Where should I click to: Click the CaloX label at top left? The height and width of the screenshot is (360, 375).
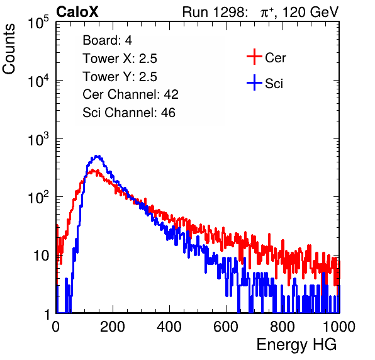click(x=77, y=12)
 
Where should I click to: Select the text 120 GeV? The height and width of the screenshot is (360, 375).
click(x=310, y=12)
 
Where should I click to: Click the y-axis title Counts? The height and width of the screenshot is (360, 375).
click(x=9, y=49)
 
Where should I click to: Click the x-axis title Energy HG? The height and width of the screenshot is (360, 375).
click(x=297, y=345)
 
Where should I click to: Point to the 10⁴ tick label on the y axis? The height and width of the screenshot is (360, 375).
click(x=38, y=81)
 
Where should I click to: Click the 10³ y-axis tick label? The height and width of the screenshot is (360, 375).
click(x=38, y=139)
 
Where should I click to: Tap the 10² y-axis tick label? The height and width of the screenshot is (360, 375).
click(x=38, y=197)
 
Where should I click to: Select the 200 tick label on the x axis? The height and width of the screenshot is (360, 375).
click(x=113, y=326)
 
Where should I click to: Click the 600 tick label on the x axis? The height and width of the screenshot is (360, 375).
click(x=226, y=326)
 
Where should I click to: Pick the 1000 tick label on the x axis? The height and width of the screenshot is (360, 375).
click(x=339, y=326)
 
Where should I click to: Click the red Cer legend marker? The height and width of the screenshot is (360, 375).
click(x=254, y=57)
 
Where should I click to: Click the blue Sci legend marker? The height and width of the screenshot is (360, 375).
click(x=254, y=82)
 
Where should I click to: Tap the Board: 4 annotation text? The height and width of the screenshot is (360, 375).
click(x=108, y=40)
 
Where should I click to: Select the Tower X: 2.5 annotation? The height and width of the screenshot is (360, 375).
click(x=120, y=59)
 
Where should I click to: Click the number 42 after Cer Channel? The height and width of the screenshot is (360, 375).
click(x=171, y=94)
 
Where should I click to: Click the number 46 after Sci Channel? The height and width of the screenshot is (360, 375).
click(x=168, y=113)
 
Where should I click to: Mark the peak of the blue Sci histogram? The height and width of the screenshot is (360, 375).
click(x=97, y=155)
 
